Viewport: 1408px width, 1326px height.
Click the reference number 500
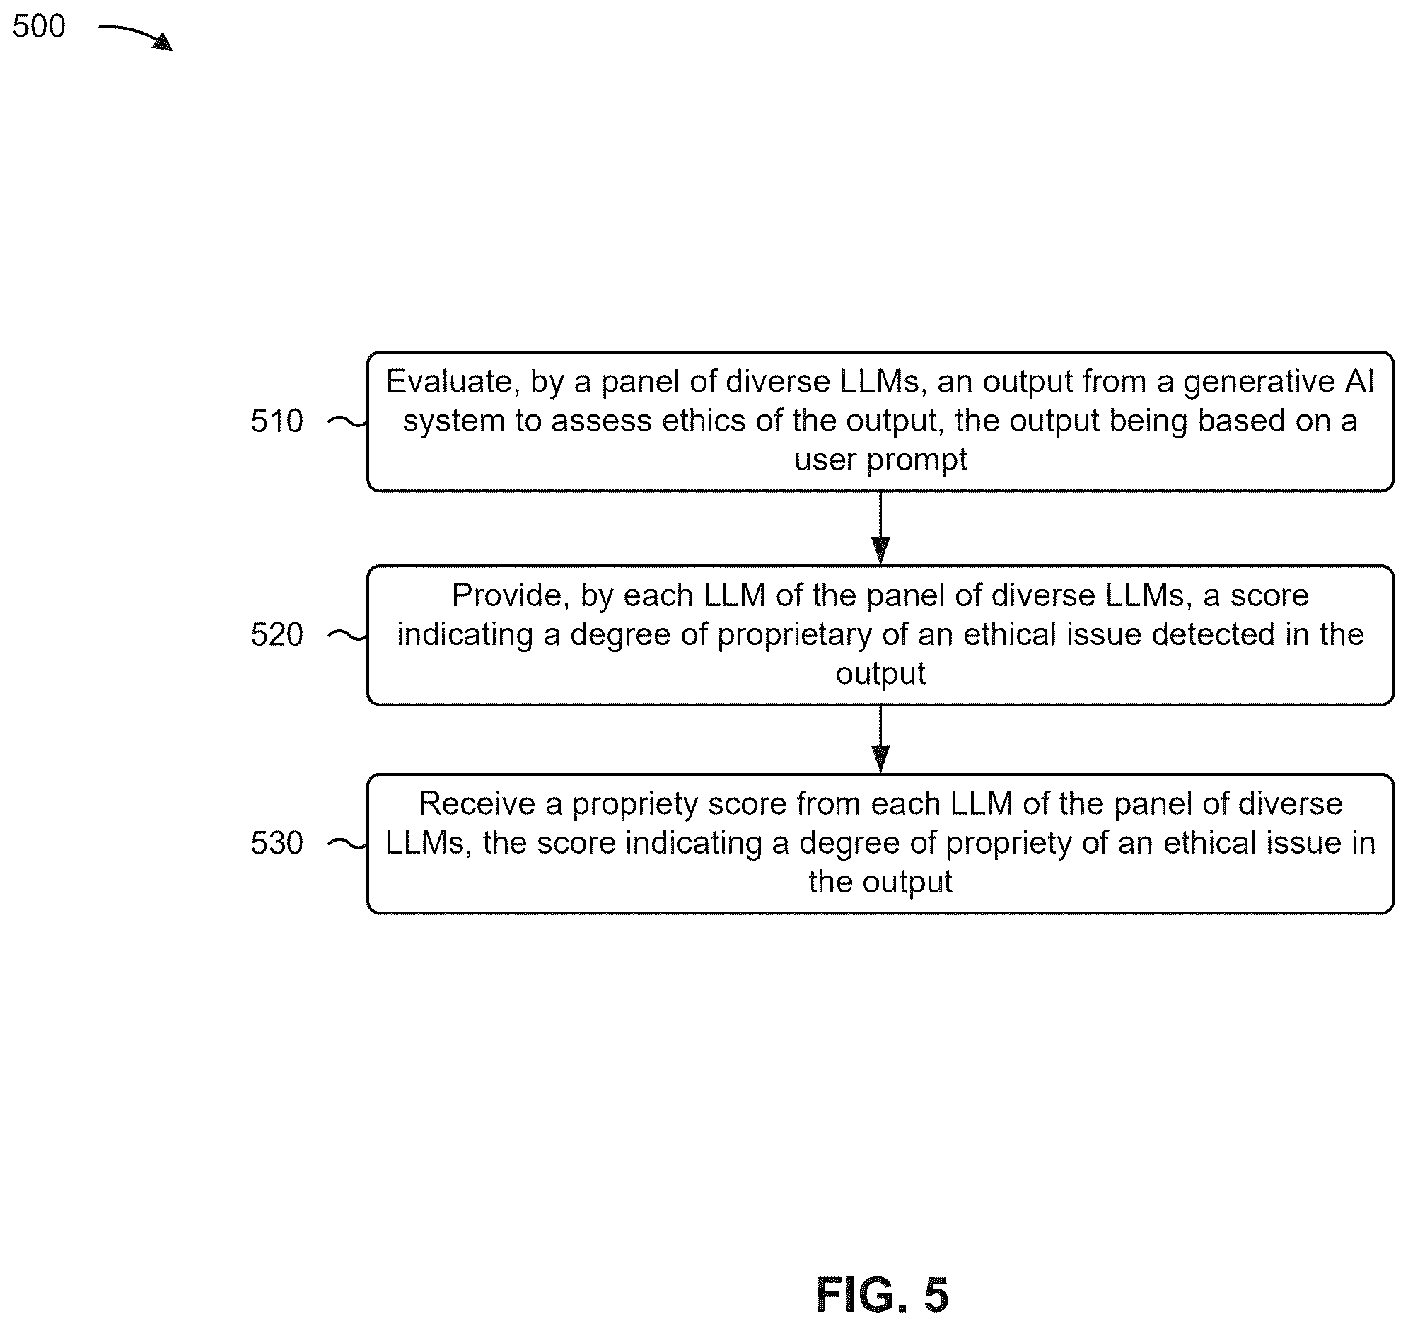39,26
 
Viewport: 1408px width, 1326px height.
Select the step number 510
277,421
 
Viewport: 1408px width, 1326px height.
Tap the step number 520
277,634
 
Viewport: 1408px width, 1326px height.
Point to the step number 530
277,843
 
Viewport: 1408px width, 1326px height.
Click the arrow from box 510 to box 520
880,528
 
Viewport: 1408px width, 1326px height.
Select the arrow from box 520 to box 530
880,740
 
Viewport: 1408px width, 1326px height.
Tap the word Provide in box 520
511,596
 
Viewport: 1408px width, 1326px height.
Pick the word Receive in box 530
477,804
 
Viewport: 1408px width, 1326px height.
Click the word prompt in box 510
917,461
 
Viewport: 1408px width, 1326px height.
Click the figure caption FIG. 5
882,1296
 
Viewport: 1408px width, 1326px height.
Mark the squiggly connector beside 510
347,423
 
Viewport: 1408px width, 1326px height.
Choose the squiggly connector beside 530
347,844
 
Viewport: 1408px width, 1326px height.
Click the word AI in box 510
1359,383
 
